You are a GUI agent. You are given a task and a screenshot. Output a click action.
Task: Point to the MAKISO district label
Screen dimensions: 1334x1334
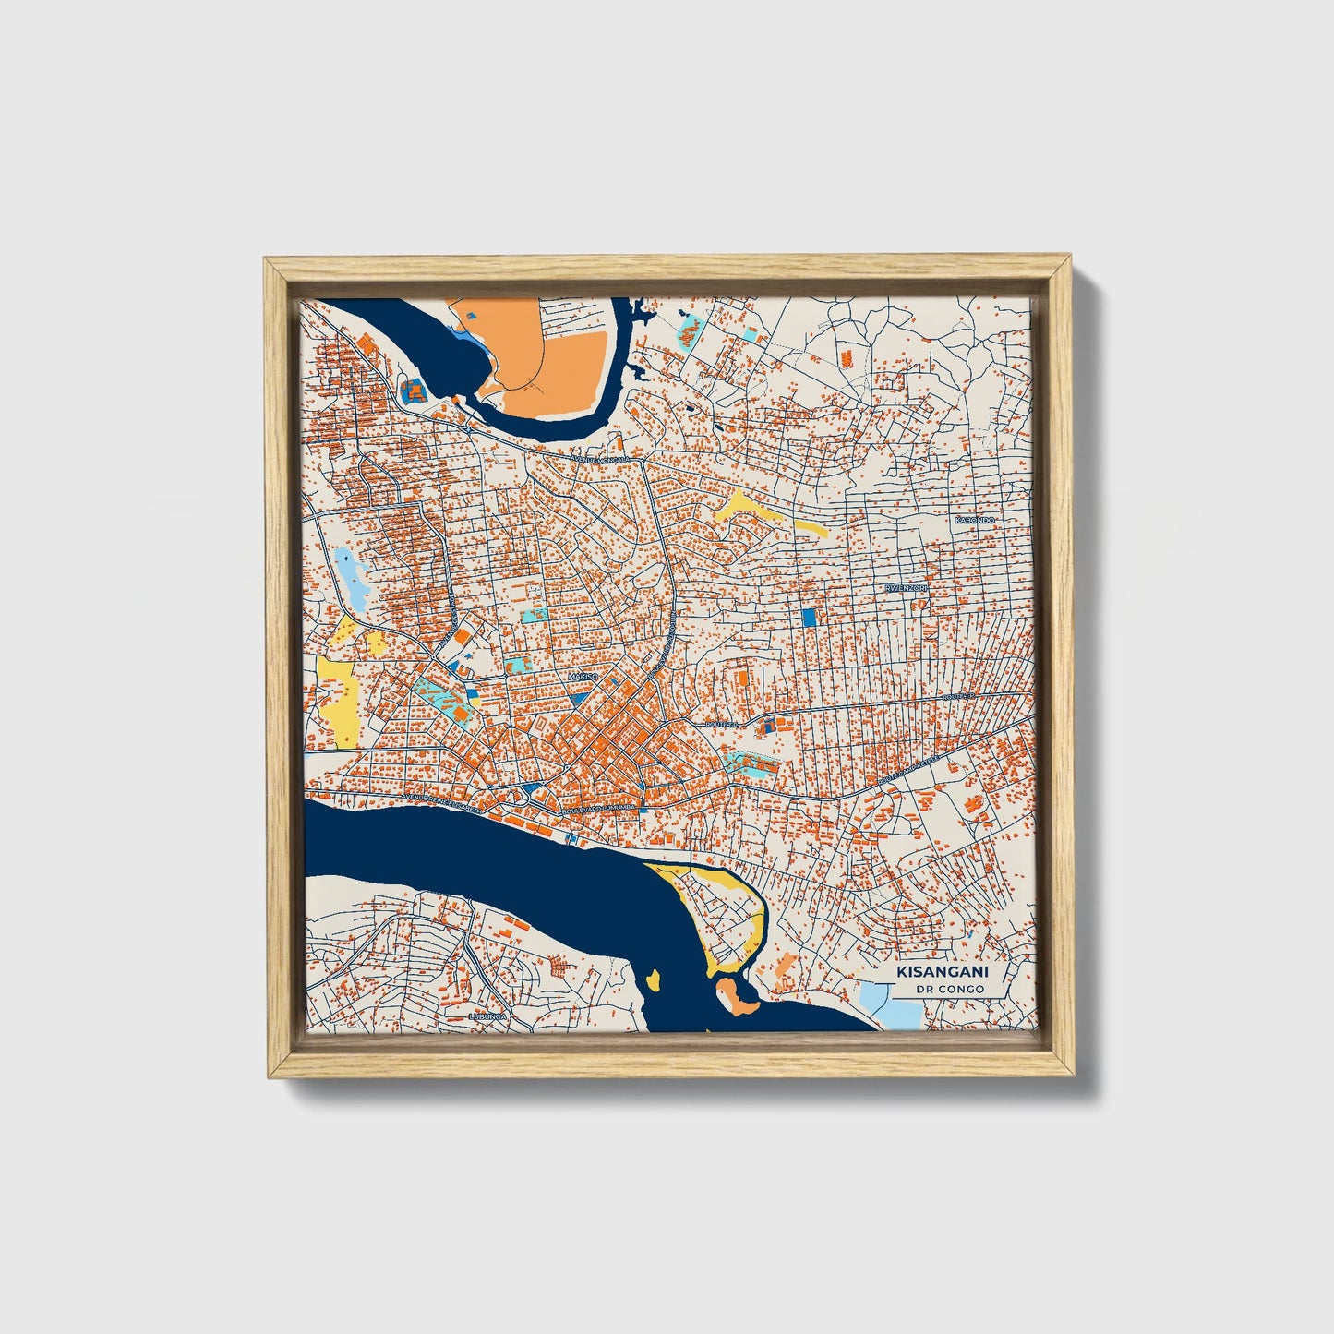(x=583, y=677)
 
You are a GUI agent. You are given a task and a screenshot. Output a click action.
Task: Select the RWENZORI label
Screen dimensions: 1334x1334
(x=905, y=587)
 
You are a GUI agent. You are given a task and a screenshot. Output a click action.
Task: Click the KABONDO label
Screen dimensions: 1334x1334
(x=975, y=521)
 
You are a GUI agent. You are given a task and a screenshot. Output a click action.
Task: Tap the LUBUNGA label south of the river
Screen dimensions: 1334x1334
(x=488, y=1016)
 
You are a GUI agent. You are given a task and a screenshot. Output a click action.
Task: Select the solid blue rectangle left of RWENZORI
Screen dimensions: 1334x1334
(x=810, y=618)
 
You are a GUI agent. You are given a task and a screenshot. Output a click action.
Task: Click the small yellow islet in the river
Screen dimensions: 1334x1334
(x=655, y=979)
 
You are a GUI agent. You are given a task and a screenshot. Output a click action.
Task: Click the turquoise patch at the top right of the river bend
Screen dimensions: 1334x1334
(x=688, y=330)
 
